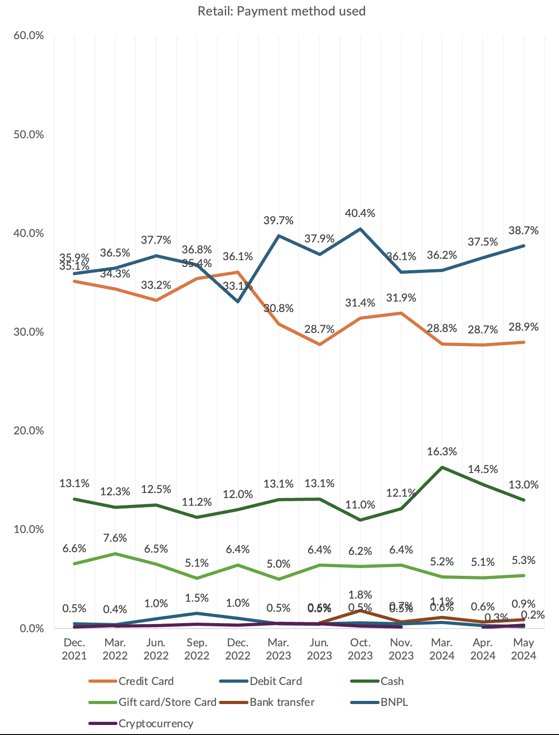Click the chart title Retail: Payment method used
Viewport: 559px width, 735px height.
281,11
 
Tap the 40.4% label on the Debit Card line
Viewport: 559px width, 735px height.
360,213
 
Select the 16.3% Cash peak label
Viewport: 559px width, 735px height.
442,452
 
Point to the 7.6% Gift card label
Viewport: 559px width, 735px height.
115,538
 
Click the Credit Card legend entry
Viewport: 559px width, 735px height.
146,681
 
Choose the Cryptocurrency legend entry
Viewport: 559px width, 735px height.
156,723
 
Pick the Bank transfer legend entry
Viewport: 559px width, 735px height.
282,702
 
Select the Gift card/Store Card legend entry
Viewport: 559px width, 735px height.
167,702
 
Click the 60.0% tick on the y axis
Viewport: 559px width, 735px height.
29,35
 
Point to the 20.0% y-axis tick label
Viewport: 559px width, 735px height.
29,430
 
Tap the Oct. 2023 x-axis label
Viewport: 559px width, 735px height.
360,649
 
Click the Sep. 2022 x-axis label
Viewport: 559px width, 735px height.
197,649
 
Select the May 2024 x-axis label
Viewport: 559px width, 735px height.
524,649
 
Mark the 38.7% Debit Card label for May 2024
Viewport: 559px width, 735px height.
523,231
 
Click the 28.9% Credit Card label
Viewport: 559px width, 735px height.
523,327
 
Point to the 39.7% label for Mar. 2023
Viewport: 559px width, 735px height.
278,221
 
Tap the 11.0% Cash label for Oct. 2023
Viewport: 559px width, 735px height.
360,504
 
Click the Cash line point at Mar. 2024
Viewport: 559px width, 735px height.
442,467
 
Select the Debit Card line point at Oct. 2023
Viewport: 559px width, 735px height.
360,229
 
